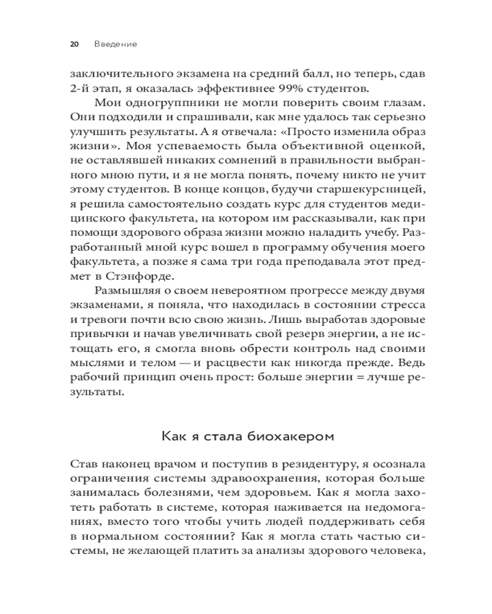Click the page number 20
tap(74, 44)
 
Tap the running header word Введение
tap(116, 44)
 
